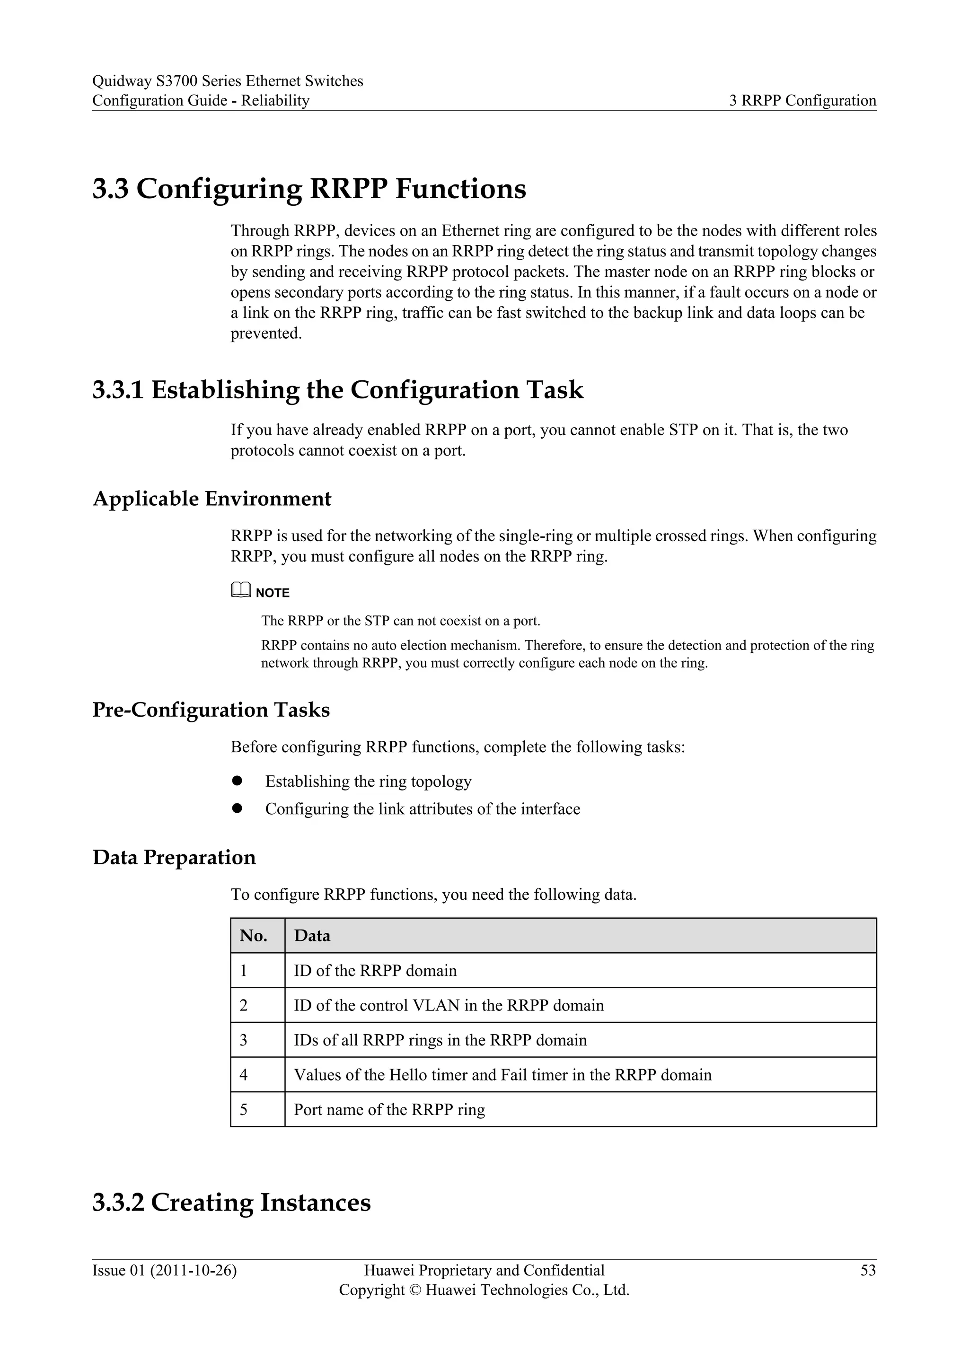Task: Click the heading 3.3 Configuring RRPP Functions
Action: tap(309, 189)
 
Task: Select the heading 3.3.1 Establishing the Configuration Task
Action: tap(338, 390)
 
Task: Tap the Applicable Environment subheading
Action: tap(212, 499)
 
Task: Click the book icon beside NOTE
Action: tap(240, 591)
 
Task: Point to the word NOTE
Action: tap(272, 592)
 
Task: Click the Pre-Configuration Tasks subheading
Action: tap(211, 710)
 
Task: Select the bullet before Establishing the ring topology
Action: tap(237, 781)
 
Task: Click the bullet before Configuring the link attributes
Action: tap(237, 808)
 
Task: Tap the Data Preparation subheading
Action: tap(174, 858)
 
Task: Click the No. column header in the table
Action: tap(254, 936)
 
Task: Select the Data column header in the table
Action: tap(312, 936)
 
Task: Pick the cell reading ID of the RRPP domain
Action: tap(375, 971)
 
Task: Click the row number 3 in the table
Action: tap(244, 1040)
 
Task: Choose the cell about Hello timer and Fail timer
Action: tap(502, 1075)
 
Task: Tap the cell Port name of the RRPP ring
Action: tap(389, 1109)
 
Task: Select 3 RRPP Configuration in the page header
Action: tap(802, 100)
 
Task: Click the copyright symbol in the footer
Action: tap(414, 1291)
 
